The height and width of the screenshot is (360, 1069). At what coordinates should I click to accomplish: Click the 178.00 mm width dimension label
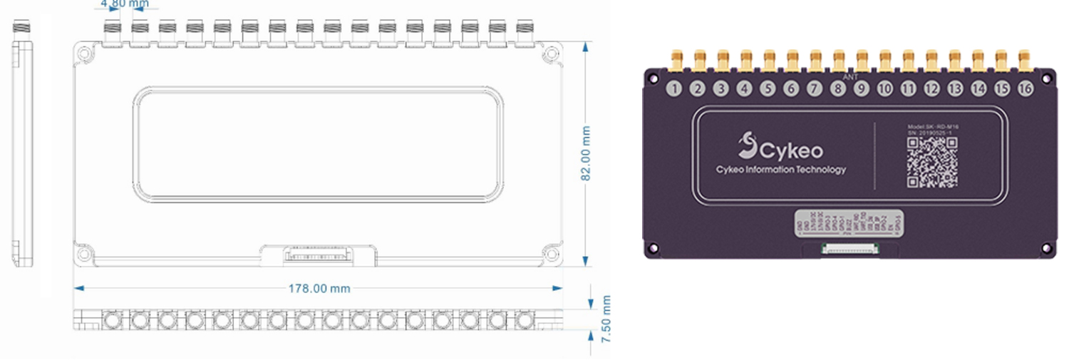[319, 289]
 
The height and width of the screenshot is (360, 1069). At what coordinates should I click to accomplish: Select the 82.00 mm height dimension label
[586, 153]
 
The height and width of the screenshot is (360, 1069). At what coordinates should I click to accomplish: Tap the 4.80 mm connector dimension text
[125, 4]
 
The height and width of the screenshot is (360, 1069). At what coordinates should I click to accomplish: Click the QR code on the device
[931, 163]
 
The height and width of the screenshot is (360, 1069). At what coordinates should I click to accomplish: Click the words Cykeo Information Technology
[780, 170]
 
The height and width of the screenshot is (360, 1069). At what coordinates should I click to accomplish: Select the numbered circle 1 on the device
[675, 89]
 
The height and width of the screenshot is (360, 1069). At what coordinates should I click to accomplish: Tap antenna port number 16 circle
[1025, 89]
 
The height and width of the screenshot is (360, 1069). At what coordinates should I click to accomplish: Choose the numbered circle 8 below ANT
[838, 89]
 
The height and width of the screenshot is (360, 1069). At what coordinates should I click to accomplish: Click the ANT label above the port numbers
[850, 76]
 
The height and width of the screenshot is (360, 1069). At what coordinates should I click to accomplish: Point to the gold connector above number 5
[768, 60]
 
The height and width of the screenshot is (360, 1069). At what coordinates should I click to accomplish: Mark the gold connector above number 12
[931, 60]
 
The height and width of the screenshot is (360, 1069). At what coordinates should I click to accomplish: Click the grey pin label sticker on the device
[849, 225]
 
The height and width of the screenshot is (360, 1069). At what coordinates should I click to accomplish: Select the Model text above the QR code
[932, 126]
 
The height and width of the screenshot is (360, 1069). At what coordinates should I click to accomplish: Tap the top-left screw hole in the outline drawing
[84, 53]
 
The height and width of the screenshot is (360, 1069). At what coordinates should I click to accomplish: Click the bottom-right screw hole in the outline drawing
[551, 253]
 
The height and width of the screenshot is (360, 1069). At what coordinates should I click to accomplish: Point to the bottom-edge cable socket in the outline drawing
[316, 254]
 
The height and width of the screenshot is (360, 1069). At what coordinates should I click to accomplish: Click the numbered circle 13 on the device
[955, 89]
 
